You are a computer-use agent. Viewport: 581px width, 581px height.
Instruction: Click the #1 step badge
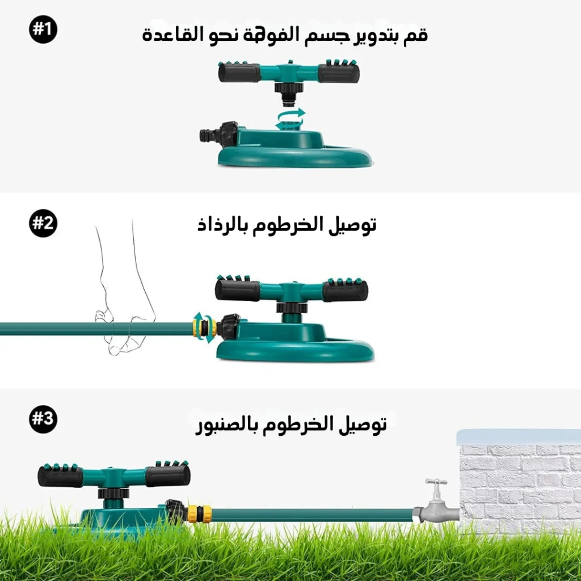click(43, 30)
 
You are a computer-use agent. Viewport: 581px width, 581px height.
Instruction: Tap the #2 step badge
click(43, 224)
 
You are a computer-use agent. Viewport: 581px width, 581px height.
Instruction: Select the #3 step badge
click(43, 419)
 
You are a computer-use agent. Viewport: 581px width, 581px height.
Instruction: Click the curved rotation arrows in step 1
click(290, 119)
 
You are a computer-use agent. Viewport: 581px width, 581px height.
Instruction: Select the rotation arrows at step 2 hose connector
click(204, 327)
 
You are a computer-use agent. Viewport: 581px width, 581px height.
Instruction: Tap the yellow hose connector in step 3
click(200, 513)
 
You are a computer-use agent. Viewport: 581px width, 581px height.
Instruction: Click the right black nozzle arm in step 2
click(345, 290)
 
